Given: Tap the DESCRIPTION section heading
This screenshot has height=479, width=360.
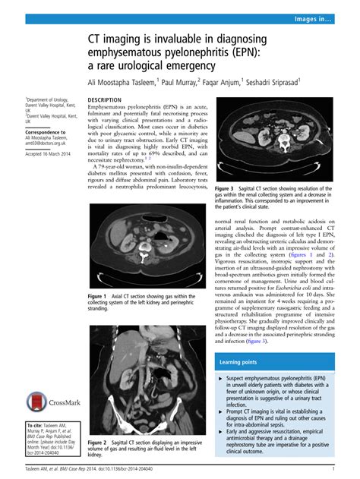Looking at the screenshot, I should tap(107, 100).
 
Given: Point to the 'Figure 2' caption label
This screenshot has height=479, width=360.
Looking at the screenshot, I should tap(99, 442).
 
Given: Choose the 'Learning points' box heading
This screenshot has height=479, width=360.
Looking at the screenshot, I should tap(240, 364).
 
